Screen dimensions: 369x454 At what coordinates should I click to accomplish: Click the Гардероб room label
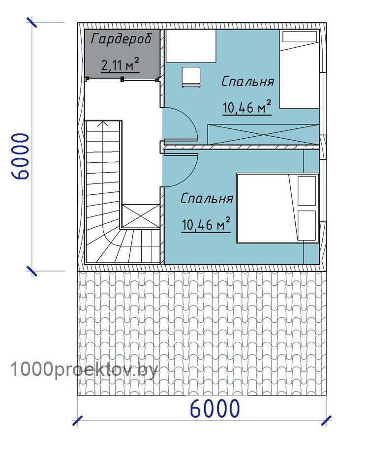click(121, 39)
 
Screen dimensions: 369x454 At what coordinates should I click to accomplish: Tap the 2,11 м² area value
click(120, 64)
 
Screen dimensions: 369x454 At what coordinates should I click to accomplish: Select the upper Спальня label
click(247, 82)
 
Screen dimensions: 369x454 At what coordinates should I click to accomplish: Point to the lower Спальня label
click(207, 199)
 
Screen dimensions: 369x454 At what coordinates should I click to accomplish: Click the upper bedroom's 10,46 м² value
click(247, 107)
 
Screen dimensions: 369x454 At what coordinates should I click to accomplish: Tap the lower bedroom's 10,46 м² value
click(206, 224)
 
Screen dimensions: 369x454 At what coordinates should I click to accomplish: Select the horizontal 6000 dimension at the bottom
click(215, 408)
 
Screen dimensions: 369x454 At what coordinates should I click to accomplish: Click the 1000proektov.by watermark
click(84, 370)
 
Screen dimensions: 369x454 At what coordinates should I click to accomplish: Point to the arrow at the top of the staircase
click(103, 124)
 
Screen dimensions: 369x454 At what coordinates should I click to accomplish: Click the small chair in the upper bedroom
click(191, 77)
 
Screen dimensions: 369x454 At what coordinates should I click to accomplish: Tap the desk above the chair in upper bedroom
click(190, 46)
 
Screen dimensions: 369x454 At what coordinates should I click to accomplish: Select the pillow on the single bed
click(300, 37)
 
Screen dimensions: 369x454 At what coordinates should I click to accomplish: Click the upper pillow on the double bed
click(307, 191)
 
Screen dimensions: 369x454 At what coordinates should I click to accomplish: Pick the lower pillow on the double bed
click(307, 225)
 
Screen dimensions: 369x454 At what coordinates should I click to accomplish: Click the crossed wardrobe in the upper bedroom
click(263, 135)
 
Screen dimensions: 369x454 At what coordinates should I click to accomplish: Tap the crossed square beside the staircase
click(140, 216)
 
